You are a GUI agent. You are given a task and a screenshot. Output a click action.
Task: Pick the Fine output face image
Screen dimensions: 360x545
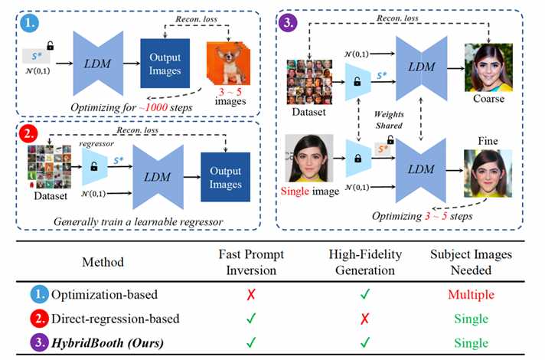click(488, 174)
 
